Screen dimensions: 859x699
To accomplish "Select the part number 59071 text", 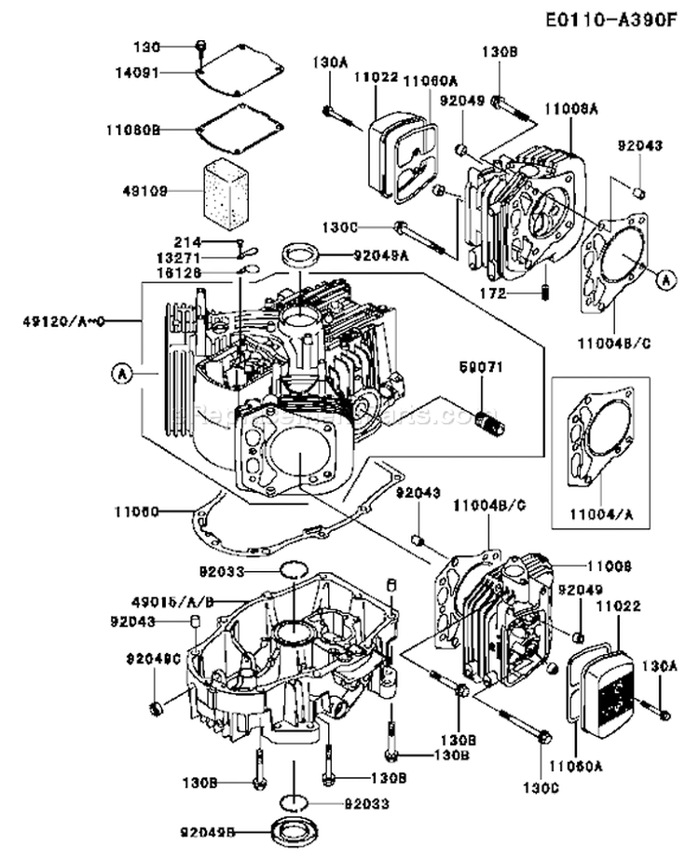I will [x=482, y=368].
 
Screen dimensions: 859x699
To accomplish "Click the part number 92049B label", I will [x=211, y=831].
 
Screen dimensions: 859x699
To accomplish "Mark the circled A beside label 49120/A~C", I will [x=119, y=374].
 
